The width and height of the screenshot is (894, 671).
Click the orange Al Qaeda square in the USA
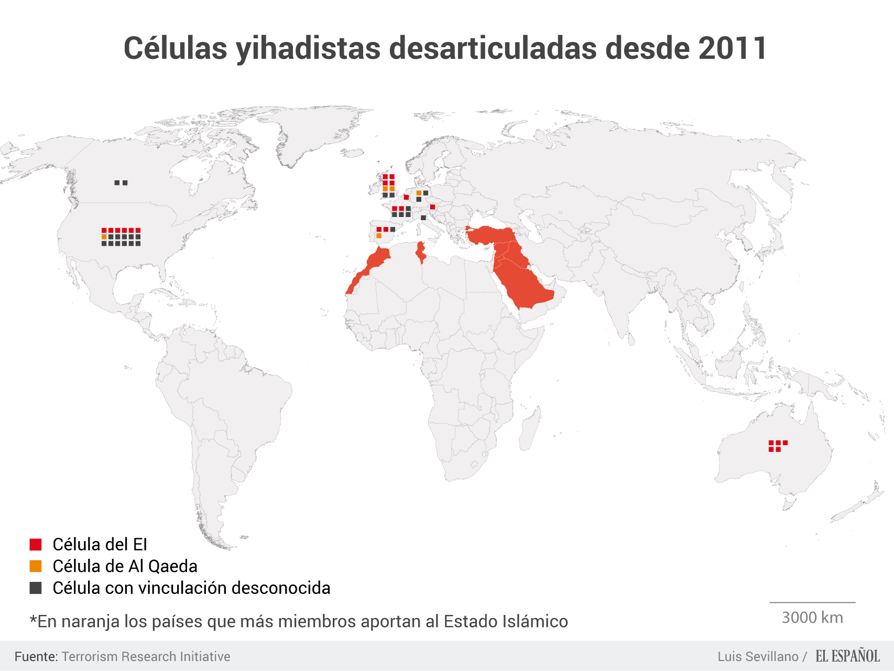pyautogui.click(x=104, y=237)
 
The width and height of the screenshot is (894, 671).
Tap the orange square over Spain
pyautogui.click(x=379, y=236)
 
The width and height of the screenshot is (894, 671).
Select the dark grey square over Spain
pyautogui.click(x=393, y=229)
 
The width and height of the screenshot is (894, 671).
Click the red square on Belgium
pyautogui.click(x=406, y=197)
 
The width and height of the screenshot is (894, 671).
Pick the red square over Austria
pyautogui.click(x=432, y=207)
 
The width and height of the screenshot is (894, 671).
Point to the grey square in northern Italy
pyautogui.click(x=423, y=218)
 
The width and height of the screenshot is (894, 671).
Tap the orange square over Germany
pyautogui.click(x=419, y=193)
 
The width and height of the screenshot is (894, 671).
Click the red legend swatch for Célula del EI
pyautogui.click(x=36, y=545)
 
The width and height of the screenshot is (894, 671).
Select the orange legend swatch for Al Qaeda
pyautogui.click(x=36, y=566)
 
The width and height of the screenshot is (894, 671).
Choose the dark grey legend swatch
pyautogui.click(x=36, y=588)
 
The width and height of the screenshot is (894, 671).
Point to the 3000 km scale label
pyautogui.click(x=812, y=618)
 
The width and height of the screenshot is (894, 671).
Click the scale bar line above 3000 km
pyautogui.click(x=812, y=602)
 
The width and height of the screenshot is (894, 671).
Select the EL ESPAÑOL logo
pyautogui.click(x=847, y=656)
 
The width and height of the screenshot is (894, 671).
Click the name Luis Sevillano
pyautogui.click(x=758, y=656)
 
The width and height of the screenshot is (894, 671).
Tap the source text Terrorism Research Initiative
pyautogui.click(x=146, y=656)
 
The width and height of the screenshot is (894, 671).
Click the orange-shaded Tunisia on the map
pyautogui.click(x=420, y=252)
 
